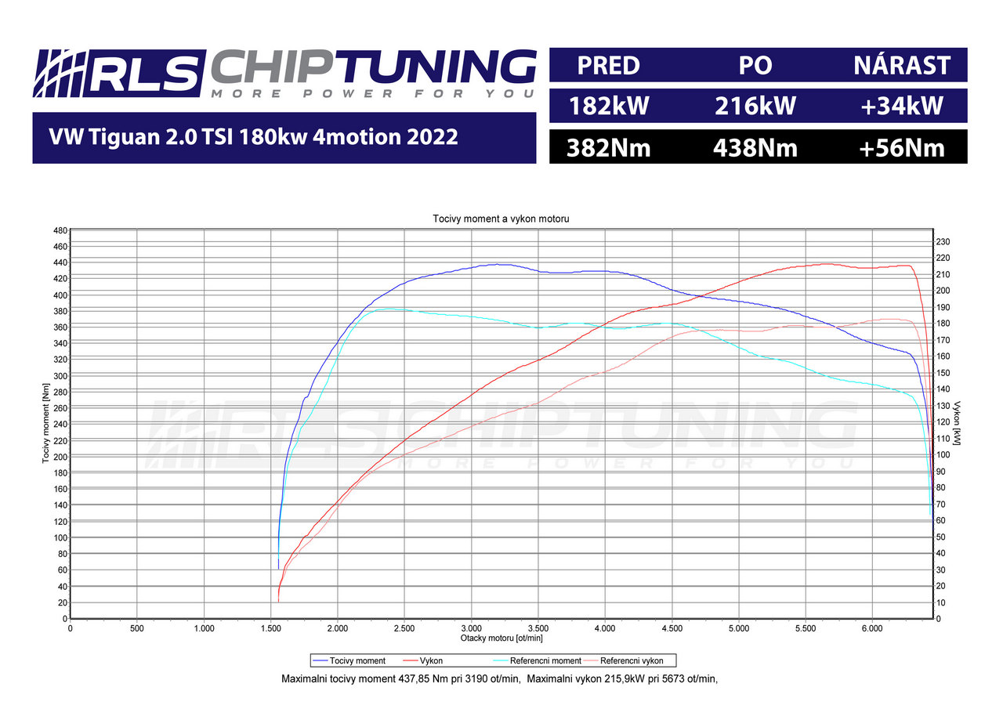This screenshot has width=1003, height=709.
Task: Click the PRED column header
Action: [608, 65]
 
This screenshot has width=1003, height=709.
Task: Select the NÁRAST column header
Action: [902, 65]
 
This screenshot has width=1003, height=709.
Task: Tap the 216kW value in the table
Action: [755, 106]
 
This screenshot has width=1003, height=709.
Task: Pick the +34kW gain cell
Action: [902, 106]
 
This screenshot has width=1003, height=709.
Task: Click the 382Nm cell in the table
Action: [608, 147]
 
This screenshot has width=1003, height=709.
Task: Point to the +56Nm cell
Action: [902, 147]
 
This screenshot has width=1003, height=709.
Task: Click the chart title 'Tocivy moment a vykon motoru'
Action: [501, 219]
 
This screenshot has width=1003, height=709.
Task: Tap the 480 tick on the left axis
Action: [59, 230]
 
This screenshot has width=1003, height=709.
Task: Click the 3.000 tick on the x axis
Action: [471, 628]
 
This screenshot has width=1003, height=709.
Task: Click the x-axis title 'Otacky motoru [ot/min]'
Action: [501, 638]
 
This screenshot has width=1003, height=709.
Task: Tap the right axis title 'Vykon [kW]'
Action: [958, 423]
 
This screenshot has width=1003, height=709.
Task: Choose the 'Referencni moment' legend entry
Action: [545, 661]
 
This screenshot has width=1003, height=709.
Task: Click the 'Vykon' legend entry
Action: [431, 661]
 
